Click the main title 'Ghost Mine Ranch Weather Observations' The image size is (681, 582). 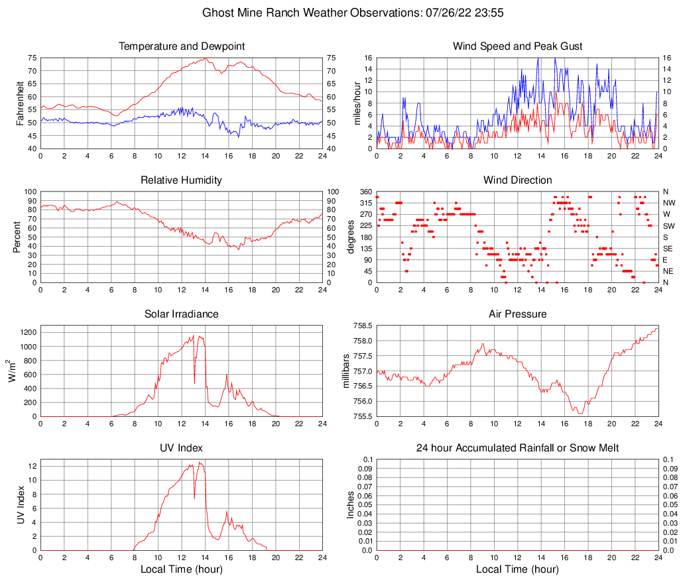pos(340,13)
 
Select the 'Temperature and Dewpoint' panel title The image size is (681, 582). pos(182,46)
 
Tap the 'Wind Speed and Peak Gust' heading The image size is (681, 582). pos(517,46)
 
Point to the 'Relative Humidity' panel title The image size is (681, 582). pos(182,180)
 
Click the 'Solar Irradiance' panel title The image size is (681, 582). pos(182,314)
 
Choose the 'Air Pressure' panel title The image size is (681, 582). pos(517,314)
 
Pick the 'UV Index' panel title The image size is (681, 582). pos(182,448)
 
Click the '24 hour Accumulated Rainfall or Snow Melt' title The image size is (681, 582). pos(517,448)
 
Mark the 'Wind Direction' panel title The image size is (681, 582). pos(517,180)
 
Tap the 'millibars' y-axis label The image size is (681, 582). pos(345,371)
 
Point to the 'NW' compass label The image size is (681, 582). pos(668,203)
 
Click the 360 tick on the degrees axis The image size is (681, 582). pos(365,192)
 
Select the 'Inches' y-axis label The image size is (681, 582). pos(351,504)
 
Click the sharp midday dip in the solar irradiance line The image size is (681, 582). pos(194,382)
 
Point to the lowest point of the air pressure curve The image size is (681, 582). pos(580,413)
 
